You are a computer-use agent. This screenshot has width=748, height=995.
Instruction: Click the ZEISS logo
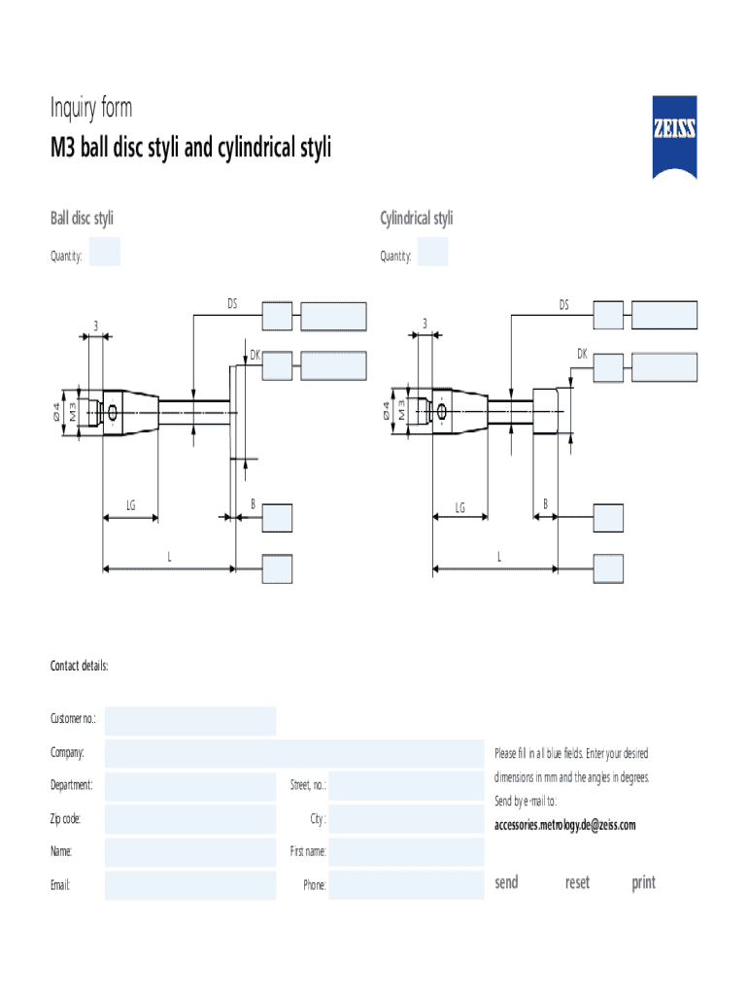click(674, 137)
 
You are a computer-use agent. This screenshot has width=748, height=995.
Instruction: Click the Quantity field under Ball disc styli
click(104, 252)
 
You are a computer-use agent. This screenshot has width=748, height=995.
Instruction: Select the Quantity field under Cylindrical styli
click(432, 252)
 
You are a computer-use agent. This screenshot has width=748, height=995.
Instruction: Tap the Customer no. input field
click(190, 721)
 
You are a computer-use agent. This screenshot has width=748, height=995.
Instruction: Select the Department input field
click(190, 786)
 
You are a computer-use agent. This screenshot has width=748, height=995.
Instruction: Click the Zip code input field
click(190, 819)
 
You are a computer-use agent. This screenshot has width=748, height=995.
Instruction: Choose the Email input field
click(190, 885)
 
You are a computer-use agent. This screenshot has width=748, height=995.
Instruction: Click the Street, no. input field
click(406, 786)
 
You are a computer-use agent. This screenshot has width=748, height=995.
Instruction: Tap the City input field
click(406, 819)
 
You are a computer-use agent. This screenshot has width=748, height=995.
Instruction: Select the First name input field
click(406, 852)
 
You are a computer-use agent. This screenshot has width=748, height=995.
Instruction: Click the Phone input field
click(406, 885)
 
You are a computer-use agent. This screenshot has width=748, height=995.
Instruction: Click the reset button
click(577, 882)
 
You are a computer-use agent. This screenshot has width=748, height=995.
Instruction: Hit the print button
click(643, 882)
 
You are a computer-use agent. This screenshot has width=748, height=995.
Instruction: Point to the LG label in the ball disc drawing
click(130, 505)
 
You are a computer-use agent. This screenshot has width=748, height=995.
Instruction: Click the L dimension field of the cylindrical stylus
click(609, 568)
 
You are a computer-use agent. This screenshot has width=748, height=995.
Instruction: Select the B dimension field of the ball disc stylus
click(278, 518)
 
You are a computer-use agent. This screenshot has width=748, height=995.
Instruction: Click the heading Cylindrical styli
click(416, 219)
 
